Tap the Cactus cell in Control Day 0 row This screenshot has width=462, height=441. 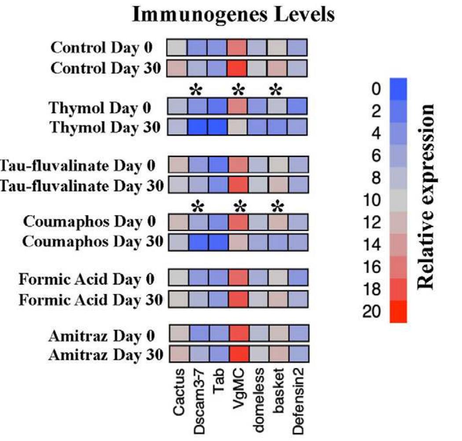tap(177, 47)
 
